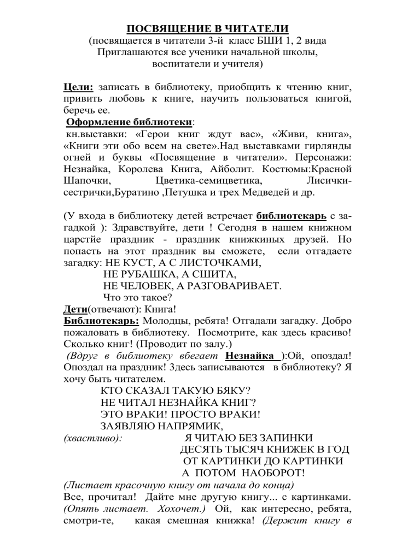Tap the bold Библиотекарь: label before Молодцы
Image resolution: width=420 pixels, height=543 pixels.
[96, 323]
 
